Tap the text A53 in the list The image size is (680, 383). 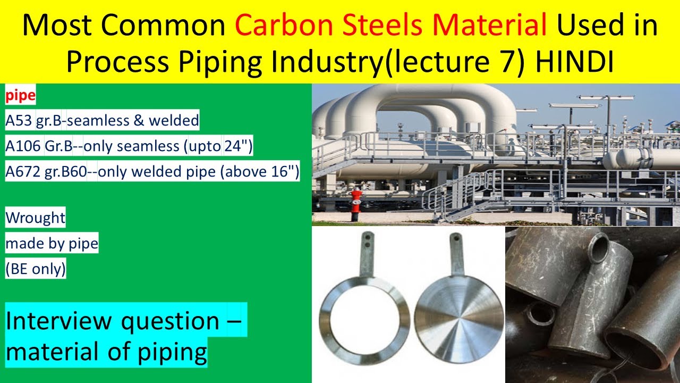tap(19, 121)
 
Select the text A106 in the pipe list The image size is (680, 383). tap(22, 146)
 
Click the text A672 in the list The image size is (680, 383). tap(22, 171)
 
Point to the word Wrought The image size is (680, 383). tap(35, 218)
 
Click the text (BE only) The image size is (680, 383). tap(36, 269)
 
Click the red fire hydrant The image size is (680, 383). tap(355, 204)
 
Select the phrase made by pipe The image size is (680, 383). tap(52, 244)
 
